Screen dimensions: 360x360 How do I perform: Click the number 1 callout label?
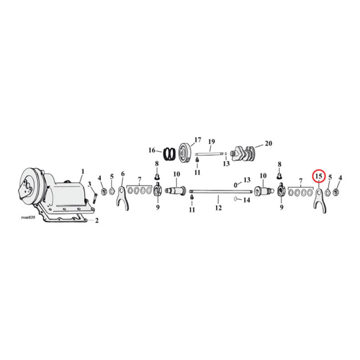(x=83, y=171)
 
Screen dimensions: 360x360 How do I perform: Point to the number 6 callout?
(x=122, y=174)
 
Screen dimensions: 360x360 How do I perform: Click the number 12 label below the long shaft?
(x=218, y=208)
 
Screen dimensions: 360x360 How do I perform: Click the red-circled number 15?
(x=318, y=176)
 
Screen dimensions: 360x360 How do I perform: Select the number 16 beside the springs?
(x=152, y=150)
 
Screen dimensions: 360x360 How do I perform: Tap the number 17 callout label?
(x=197, y=139)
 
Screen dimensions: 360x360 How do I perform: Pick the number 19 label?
(x=211, y=142)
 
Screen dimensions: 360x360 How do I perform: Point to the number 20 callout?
(x=269, y=144)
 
